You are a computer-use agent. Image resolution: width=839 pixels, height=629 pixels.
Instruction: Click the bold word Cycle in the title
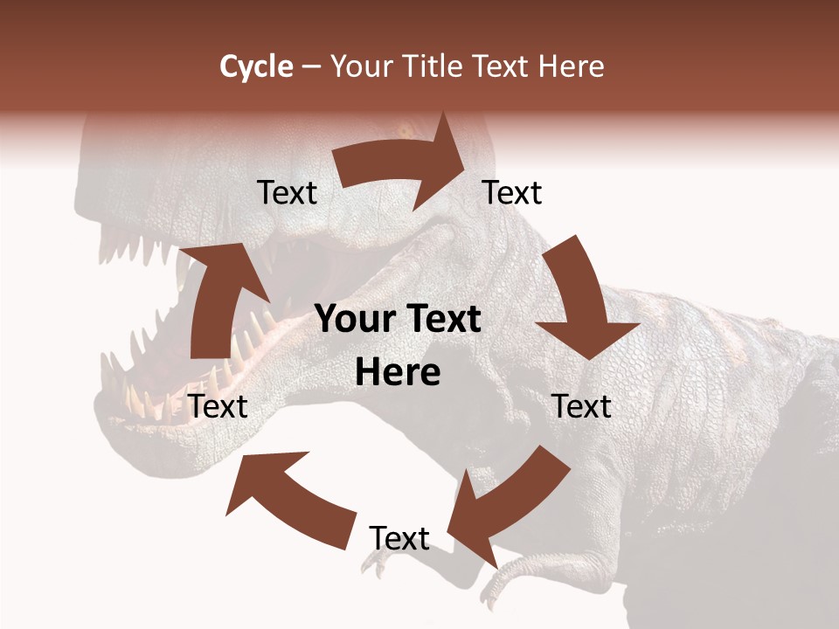pyautogui.click(x=256, y=66)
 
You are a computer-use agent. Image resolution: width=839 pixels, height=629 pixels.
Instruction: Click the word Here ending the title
pyautogui.click(x=570, y=66)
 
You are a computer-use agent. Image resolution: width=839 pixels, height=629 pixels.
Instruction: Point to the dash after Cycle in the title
pyautogui.click(x=311, y=67)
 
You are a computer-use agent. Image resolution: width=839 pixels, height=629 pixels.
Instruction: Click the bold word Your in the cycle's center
pyautogui.click(x=357, y=320)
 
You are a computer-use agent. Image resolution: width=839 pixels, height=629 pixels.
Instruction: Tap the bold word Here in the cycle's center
pyautogui.click(x=398, y=373)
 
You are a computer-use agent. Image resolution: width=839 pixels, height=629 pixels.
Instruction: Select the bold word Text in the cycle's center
pyautogui.click(x=442, y=320)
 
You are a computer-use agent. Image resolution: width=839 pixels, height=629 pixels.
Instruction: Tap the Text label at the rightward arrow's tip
pyautogui.click(x=512, y=192)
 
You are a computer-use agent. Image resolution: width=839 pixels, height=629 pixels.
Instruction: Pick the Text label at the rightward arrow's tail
pyautogui.click(x=287, y=192)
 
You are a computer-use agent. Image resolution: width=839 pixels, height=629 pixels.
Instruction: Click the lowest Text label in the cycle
pyautogui.click(x=399, y=538)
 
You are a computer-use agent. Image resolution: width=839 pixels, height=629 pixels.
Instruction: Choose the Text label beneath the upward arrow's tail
pyautogui.click(x=218, y=406)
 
